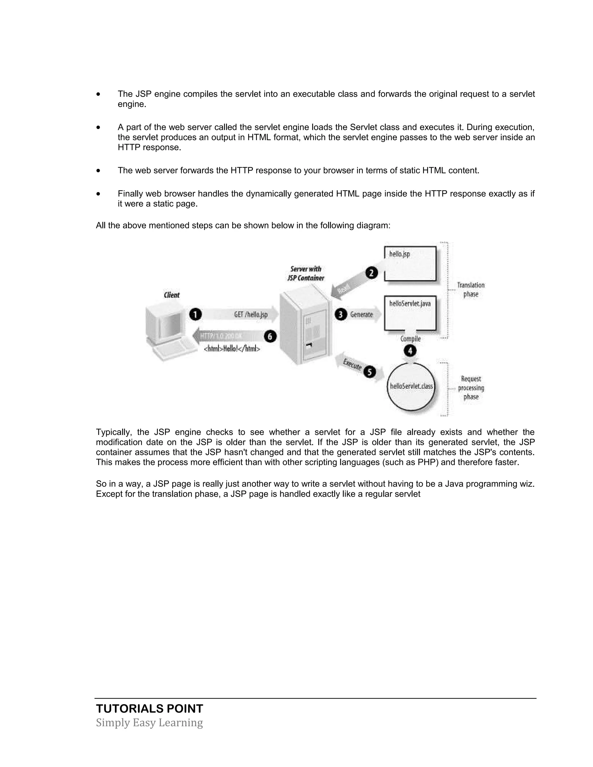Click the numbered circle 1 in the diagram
pyautogui.click(x=196, y=314)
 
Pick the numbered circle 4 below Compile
pyautogui.click(x=410, y=351)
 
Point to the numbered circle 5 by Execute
pyautogui.click(x=369, y=372)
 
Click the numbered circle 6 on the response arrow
pyautogui.click(x=270, y=336)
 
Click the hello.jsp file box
pyautogui.click(x=410, y=263)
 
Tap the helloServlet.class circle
pyautogui.click(x=411, y=386)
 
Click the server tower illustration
pyautogui.click(x=305, y=329)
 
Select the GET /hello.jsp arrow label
pyautogui.click(x=251, y=315)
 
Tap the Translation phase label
pyautogui.click(x=471, y=290)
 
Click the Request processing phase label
pyautogui.click(x=471, y=388)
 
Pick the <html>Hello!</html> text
pyautogui.click(x=232, y=349)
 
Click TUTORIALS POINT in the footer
pyautogui.click(x=149, y=709)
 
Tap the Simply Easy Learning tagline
pyautogui.click(x=149, y=723)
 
